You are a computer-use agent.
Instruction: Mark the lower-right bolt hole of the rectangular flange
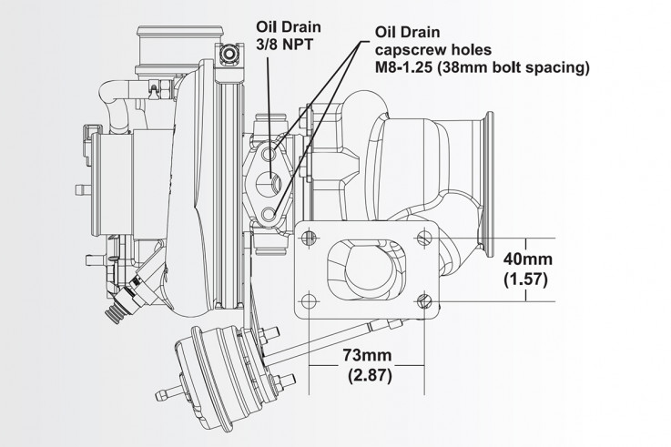tap(425, 300)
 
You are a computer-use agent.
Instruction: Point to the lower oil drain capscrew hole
tap(269, 214)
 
